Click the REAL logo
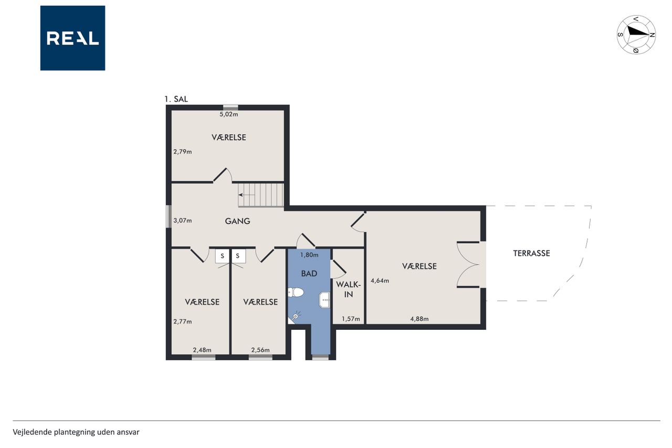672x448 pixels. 72,38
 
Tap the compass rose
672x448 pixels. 636,35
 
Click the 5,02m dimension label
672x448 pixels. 228,114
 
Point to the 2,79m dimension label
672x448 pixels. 182,152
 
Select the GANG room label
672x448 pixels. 237,221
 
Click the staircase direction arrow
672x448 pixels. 247,195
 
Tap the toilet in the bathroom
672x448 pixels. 296,292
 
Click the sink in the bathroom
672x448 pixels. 324,300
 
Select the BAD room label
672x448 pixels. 309,274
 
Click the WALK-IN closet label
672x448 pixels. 348,289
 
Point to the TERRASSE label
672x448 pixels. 531,254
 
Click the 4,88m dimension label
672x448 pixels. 419,319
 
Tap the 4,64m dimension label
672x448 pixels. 380,281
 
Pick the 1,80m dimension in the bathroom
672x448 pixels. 309,255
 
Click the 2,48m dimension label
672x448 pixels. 202,350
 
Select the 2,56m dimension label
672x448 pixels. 260,350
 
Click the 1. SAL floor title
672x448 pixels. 176,99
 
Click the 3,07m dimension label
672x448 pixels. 182,221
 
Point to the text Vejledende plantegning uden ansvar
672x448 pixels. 76,432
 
